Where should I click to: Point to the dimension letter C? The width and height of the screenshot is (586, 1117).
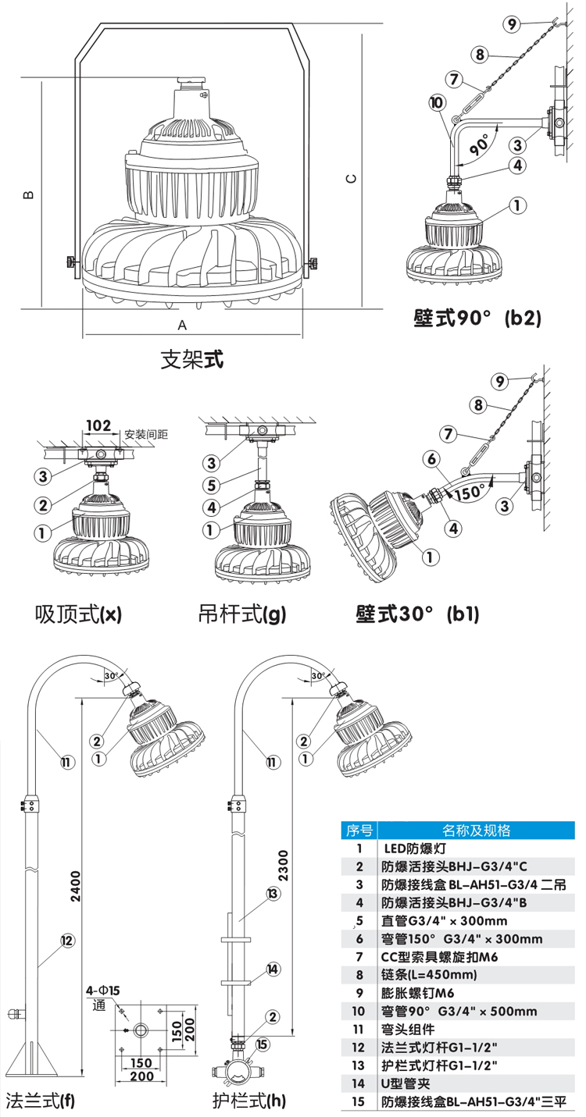click(x=352, y=179)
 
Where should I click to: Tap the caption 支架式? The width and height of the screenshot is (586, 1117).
click(x=191, y=360)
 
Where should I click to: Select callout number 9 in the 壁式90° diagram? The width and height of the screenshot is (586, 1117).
click(x=512, y=24)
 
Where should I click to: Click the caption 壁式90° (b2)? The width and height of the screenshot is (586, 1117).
click(x=477, y=318)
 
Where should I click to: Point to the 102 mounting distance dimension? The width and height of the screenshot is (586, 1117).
click(x=98, y=425)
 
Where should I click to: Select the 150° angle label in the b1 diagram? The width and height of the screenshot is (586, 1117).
click(x=469, y=492)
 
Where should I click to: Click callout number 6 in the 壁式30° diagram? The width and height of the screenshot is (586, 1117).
click(x=432, y=459)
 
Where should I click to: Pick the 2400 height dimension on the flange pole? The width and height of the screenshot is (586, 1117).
click(x=76, y=887)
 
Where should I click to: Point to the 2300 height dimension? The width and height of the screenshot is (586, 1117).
click(x=284, y=866)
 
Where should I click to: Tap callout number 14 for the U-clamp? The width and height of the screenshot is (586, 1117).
click(x=273, y=969)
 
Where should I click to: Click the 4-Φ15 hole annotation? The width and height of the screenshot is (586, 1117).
click(x=103, y=991)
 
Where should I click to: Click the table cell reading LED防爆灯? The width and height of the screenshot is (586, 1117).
click(x=413, y=848)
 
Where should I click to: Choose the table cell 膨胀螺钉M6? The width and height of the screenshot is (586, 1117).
click(x=418, y=993)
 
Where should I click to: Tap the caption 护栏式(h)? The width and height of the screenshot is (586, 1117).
click(x=249, y=1101)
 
